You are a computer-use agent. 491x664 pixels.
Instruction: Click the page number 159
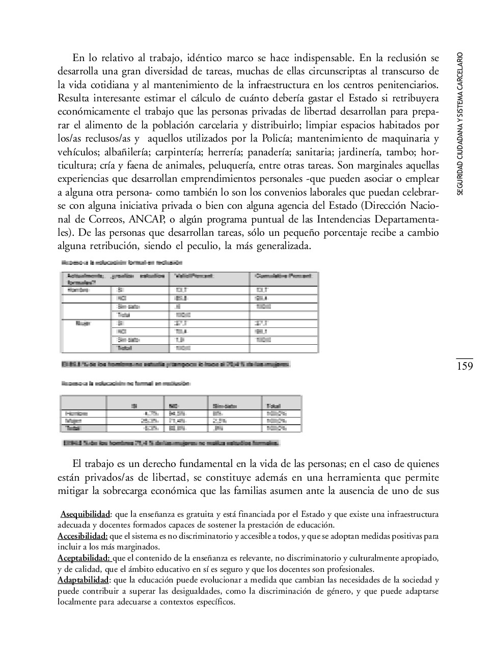click(x=464, y=366)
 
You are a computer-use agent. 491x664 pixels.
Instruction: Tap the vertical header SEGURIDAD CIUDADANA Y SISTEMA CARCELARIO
click(x=460, y=123)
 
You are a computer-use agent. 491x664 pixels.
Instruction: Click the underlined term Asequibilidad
click(x=86, y=514)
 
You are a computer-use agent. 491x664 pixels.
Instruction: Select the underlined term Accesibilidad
click(x=83, y=536)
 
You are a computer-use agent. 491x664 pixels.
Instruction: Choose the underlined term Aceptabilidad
click(x=84, y=558)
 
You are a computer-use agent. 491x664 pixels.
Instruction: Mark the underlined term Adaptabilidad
click(x=83, y=580)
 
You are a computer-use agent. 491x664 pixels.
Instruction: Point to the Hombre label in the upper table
click(x=78, y=290)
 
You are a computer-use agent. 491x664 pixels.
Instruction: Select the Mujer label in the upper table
click(x=83, y=323)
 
